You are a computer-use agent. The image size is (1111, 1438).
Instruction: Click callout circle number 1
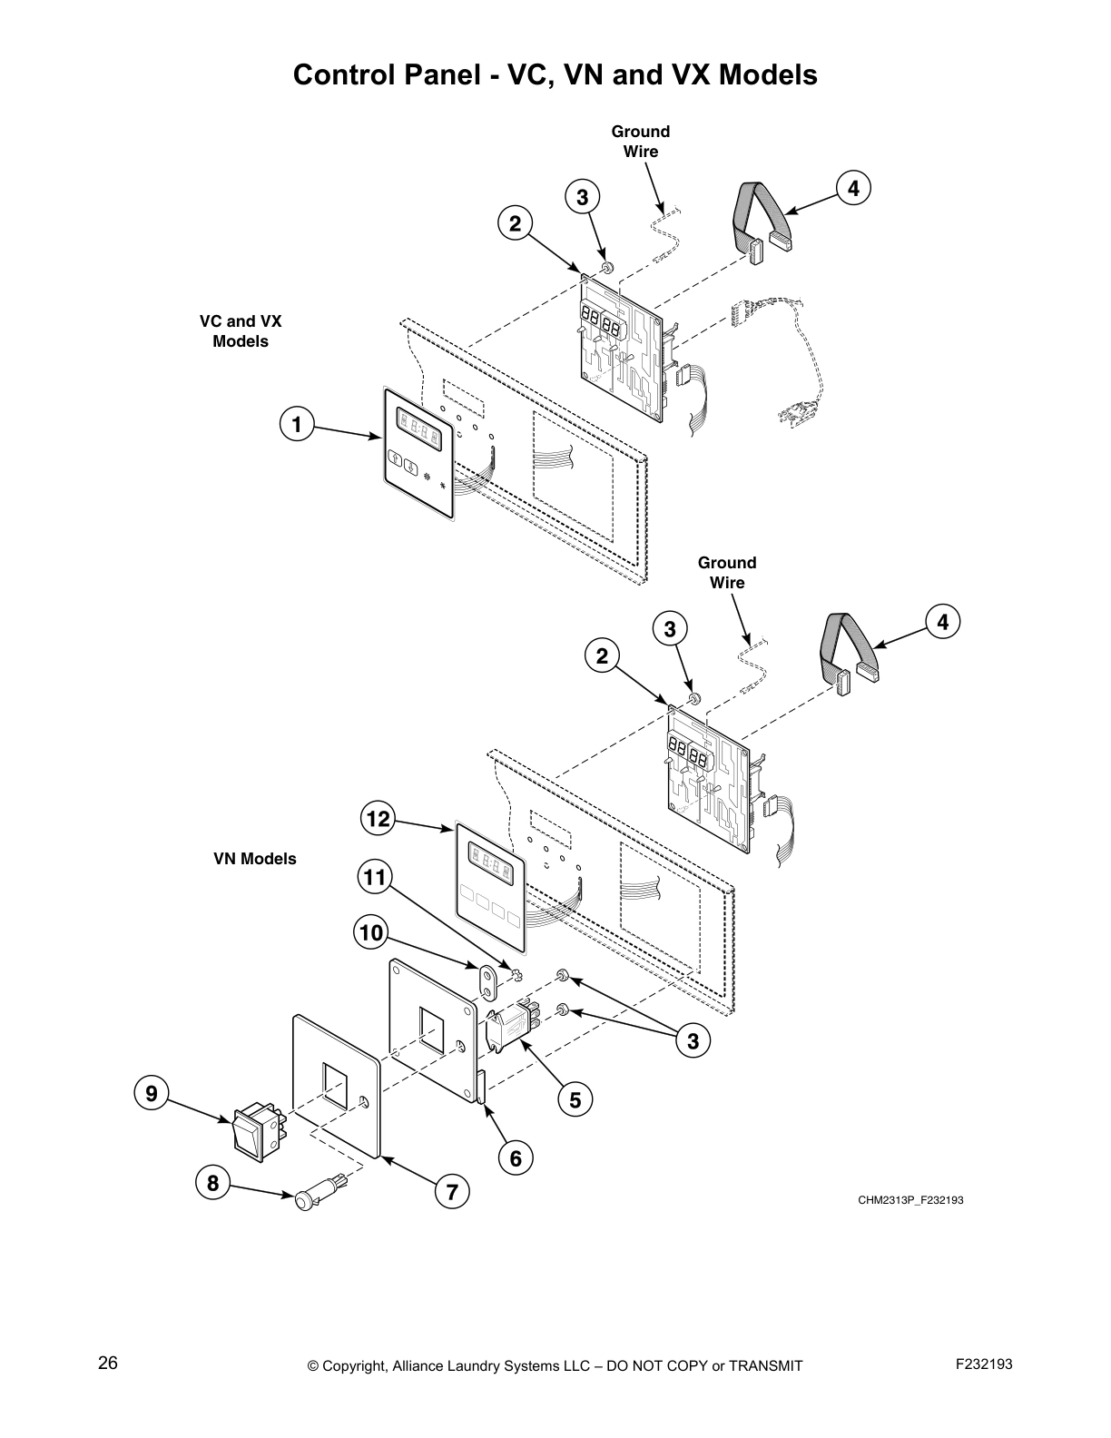(297, 423)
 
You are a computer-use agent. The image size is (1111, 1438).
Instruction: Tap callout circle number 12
(378, 820)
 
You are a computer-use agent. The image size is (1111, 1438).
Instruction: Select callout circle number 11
(374, 877)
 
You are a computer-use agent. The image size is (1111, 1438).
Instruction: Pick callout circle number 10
(370, 932)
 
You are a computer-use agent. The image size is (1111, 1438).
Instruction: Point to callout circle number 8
(212, 1183)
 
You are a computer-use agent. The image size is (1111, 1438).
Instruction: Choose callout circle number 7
(451, 1190)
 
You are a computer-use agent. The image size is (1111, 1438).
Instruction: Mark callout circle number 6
(516, 1158)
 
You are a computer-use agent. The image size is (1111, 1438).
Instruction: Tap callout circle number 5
(575, 1100)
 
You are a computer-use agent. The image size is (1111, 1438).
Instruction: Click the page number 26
(108, 1364)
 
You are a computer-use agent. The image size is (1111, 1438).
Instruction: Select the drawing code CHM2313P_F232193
(910, 1200)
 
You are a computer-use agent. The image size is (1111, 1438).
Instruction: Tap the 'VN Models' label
(254, 859)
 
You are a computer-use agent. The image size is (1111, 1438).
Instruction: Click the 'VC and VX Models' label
(241, 331)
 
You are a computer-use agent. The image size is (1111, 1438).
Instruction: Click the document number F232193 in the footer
(984, 1364)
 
